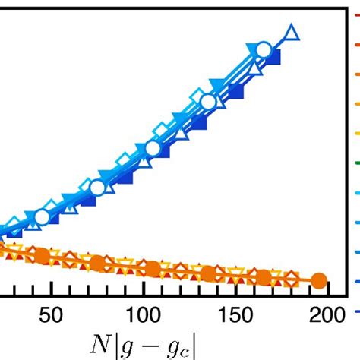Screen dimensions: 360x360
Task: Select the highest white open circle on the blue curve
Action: coord(264,51)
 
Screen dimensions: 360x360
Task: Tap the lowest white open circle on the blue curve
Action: coord(42,218)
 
